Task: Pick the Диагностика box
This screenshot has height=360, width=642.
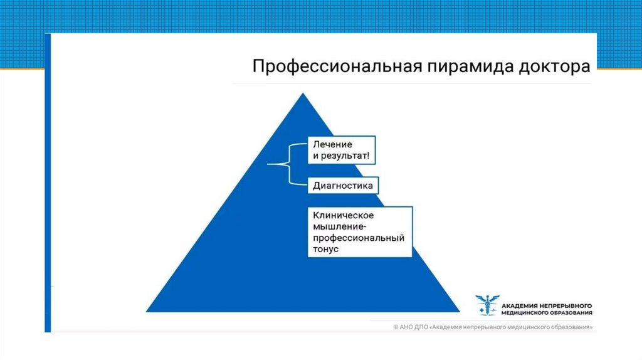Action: point(343,185)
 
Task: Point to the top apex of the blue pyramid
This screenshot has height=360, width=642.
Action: point(303,94)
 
